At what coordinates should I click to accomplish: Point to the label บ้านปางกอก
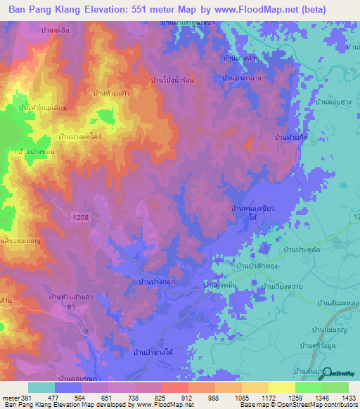pyautogui.click(x=153, y=281)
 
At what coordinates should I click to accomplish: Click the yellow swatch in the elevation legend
pyautogui.click(x=281, y=387)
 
